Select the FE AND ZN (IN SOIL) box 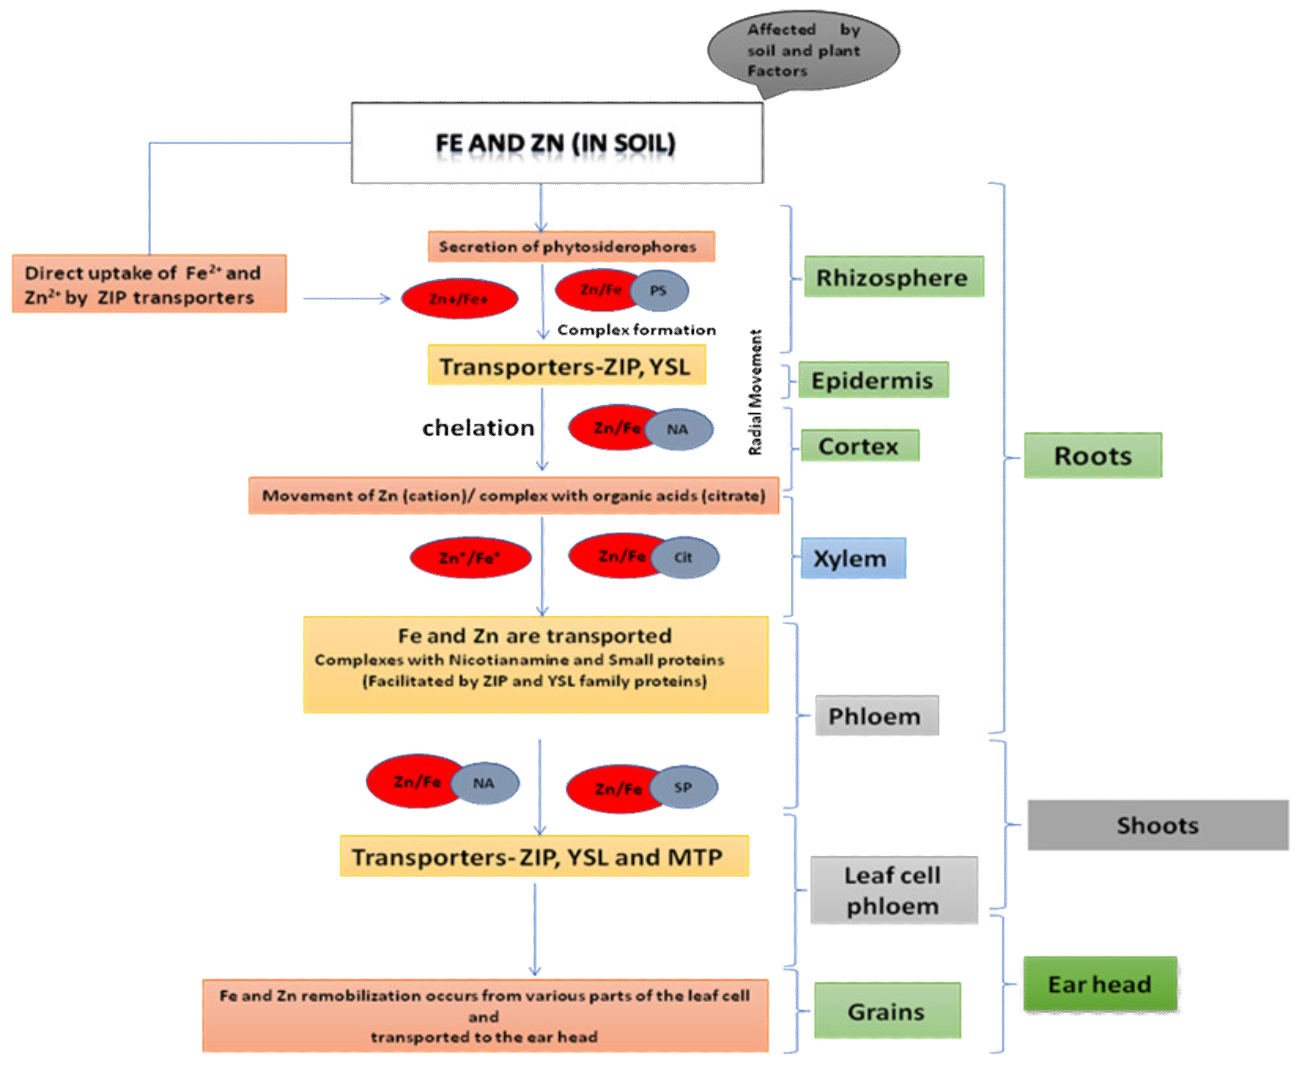pyautogui.click(x=556, y=143)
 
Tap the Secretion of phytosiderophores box pyautogui.click(x=570, y=247)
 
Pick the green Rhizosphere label pyautogui.click(x=893, y=277)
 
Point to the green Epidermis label pyautogui.click(x=873, y=380)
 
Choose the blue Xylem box pyautogui.click(x=852, y=558)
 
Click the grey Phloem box pyautogui.click(x=876, y=716)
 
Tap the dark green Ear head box pyautogui.click(x=1100, y=983)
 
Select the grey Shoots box pyautogui.click(x=1157, y=825)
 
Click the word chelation pyautogui.click(x=478, y=427)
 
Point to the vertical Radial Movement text pyautogui.click(x=755, y=392)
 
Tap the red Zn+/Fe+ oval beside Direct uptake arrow pyautogui.click(x=459, y=299)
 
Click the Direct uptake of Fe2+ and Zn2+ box pyautogui.click(x=148, y=285)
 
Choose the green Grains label pyautogui.click(x=887, y=1012)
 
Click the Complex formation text pyautogui.click(x=636, y=330)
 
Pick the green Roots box pyautogui.click(x=1092, y=455)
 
